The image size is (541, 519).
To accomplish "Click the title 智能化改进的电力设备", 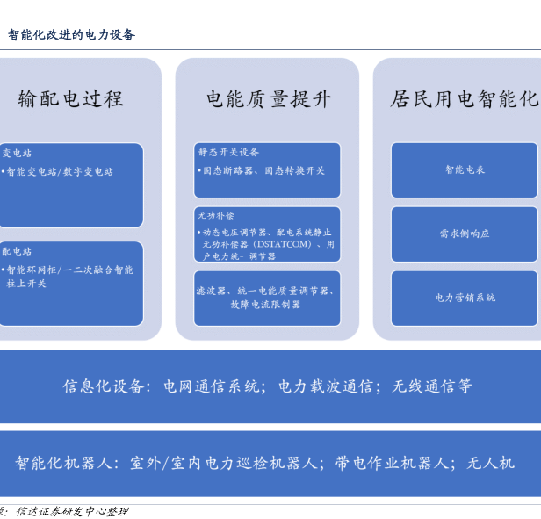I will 72,35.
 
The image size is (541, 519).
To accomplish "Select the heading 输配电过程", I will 70,98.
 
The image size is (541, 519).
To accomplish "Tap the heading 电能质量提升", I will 268,98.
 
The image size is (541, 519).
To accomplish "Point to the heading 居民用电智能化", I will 464,98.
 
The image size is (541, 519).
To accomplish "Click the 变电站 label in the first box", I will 17,153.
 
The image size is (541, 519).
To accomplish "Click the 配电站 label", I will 17,251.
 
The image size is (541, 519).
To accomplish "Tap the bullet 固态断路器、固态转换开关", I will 263,170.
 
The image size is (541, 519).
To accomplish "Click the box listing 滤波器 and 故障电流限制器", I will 266,297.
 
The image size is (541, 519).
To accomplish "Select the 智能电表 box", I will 465,170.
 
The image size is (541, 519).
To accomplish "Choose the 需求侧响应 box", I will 465,234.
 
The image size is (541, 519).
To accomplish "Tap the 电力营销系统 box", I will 465,298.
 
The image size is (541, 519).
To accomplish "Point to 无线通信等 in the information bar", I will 432,386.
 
